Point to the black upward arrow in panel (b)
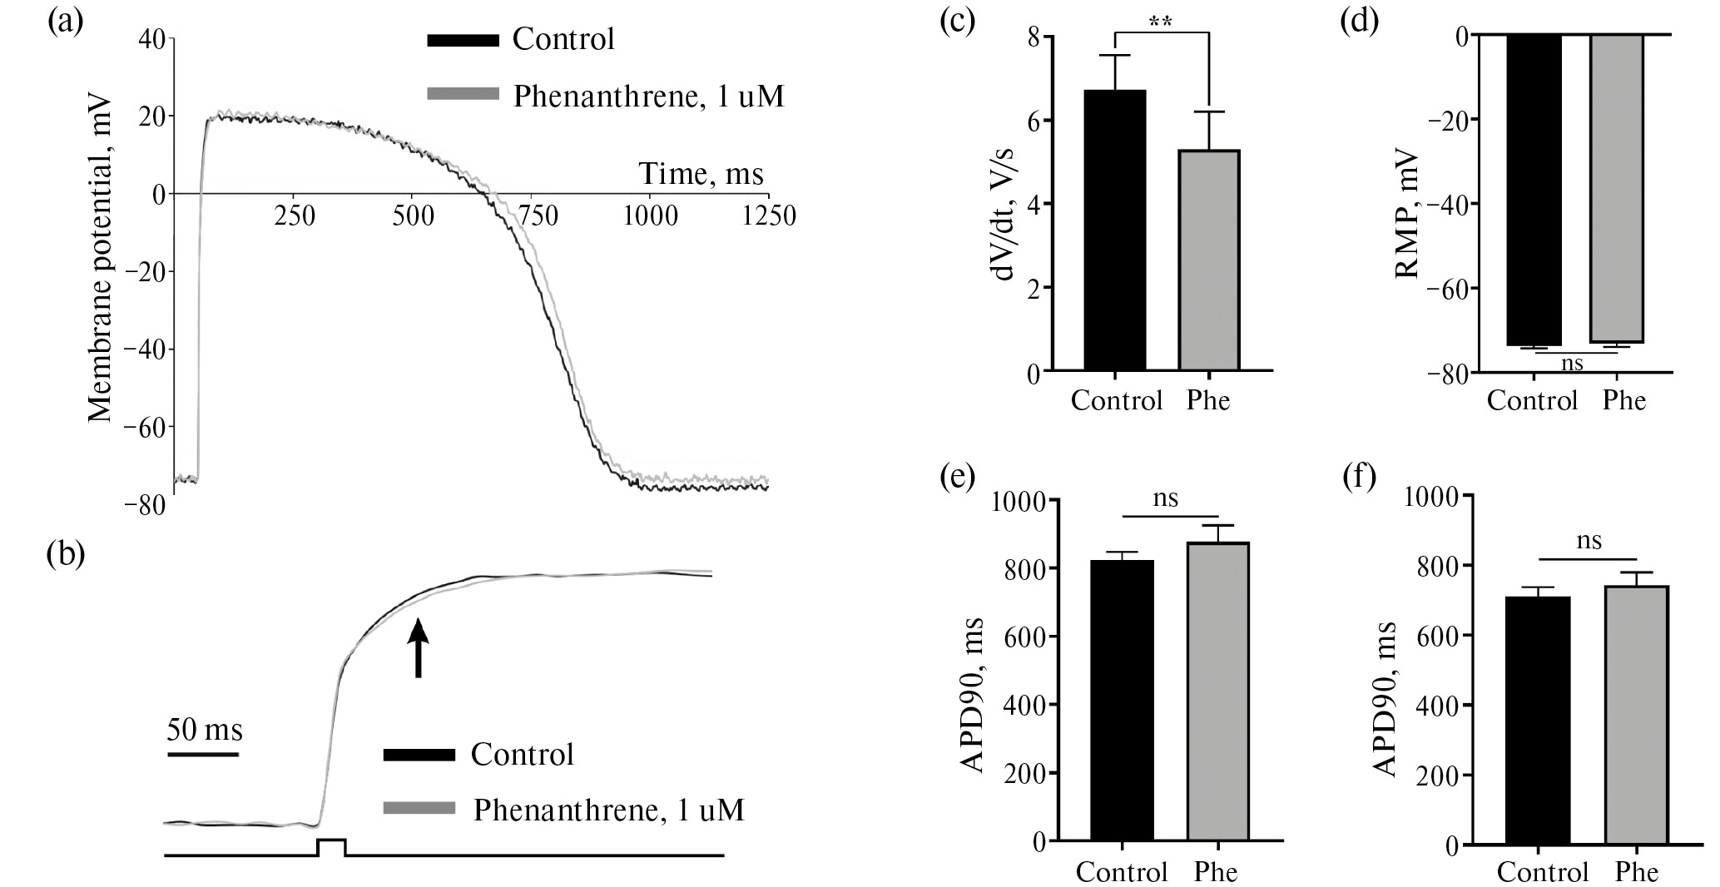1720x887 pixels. click(418, 648)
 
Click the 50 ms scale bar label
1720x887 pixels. click(204, 731)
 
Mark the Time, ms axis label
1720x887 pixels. click(701, 174)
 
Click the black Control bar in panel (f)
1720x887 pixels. click(1538, 721)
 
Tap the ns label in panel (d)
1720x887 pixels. click(1571, 364)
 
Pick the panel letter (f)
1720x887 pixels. click(1359, 477)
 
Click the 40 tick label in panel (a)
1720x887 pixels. click(151, 38)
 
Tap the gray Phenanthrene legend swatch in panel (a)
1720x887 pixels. click(462, 93)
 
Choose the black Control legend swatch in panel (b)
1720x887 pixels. click(419, 755)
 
